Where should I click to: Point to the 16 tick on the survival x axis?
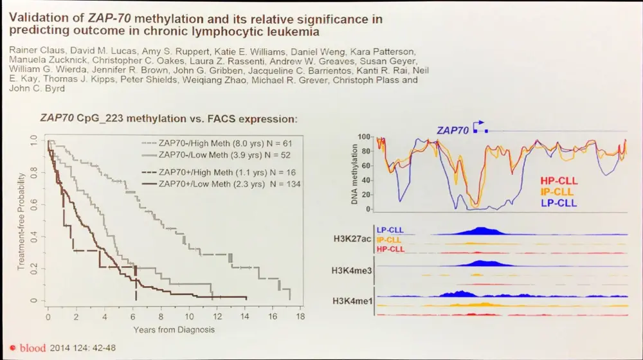tap(274, 318)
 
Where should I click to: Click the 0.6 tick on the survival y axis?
tap(33, 205)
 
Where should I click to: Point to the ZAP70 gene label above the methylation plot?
tap(451, 130)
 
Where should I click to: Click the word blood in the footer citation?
tap(32, 348)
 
